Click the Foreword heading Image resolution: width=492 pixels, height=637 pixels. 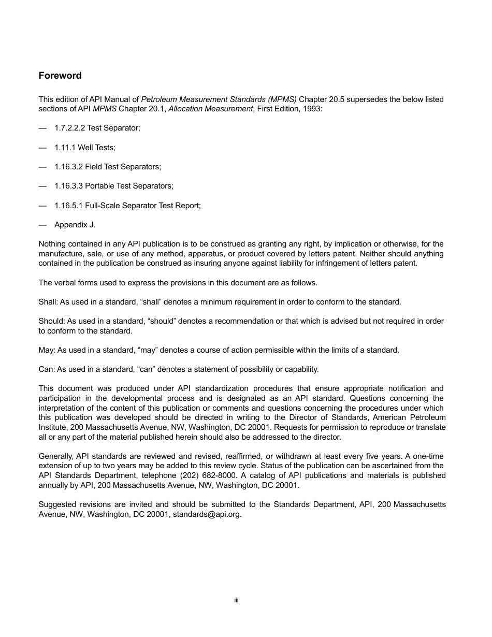coord(60,76)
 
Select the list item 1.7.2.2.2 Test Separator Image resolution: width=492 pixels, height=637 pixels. coord(97,128)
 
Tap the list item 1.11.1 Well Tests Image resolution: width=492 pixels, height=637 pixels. coord(84,148)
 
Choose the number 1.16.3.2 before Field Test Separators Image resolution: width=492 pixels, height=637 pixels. coord(68,167)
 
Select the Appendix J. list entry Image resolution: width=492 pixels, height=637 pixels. coord(75,225)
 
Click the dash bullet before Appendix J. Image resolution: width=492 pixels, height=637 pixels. coord(42,225)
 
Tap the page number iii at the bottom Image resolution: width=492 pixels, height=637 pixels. coord(236,600)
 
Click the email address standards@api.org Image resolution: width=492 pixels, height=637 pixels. coord(207,515)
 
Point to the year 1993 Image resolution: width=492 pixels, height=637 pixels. coord(313,109)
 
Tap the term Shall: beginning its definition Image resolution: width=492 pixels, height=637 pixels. coord(48,302)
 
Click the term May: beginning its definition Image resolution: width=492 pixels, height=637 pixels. coord(47,350)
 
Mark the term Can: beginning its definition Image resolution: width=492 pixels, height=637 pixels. coord(47,369)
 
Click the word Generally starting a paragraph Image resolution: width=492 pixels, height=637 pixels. coord(56,456)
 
